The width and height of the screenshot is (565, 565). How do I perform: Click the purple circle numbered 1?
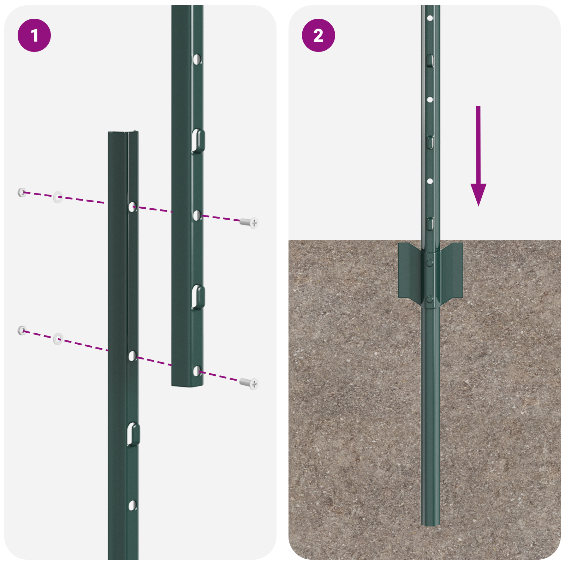[x=34, y=35]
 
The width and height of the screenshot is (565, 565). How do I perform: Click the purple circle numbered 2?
[x=318, y=35]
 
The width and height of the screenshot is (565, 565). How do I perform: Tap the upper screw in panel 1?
[x=249, y=222]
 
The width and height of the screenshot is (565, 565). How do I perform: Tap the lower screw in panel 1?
[x=249, y=383]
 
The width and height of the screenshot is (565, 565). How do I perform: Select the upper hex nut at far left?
[x=22, y=192]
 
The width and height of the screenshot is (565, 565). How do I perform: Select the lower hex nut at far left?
[x=22, y=331]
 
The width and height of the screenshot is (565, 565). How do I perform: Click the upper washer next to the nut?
[x=58, y=197]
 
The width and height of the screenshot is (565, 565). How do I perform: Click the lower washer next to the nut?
[x=58, y=339]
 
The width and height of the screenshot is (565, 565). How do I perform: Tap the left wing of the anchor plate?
[x=410, y=270]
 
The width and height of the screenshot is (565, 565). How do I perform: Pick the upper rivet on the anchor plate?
[x=429, y=262]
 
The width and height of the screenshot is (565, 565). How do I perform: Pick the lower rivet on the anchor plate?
[x=429, y=300]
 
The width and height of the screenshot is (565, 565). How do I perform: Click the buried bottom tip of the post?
[x=430, y=524]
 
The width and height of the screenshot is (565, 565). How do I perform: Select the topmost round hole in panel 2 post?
[x=430, y=18]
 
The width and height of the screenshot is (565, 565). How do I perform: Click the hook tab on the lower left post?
[x=133, y=434]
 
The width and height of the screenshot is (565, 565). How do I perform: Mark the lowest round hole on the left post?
[x=132, y=505]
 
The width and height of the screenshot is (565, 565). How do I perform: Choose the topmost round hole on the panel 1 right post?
[x=197, y=59]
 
